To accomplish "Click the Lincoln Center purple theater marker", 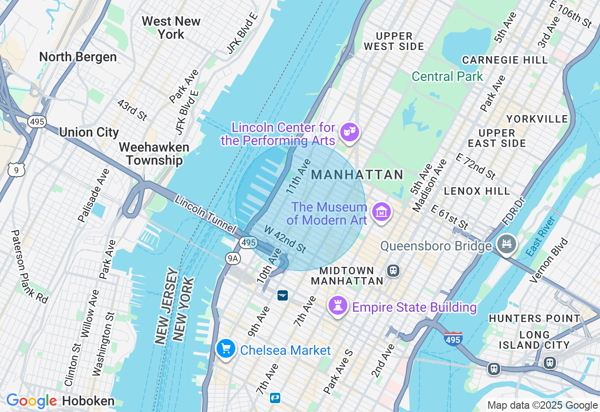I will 349,132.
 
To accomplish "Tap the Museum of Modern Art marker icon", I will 381,213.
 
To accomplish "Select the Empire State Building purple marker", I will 337,306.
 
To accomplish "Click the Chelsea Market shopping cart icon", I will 225,349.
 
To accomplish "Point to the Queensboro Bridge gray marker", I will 507,244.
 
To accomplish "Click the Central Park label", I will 447,76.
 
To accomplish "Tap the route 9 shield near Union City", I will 16,170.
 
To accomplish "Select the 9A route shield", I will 232,258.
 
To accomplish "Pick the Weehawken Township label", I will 154,154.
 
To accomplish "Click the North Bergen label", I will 78,57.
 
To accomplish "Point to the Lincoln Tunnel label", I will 204,214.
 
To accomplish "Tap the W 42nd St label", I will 285,239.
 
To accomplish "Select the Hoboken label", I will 88,401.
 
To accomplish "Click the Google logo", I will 31,401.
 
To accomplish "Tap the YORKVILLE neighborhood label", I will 537,119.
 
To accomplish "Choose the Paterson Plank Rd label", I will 29,266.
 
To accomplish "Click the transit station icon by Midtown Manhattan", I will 393,271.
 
